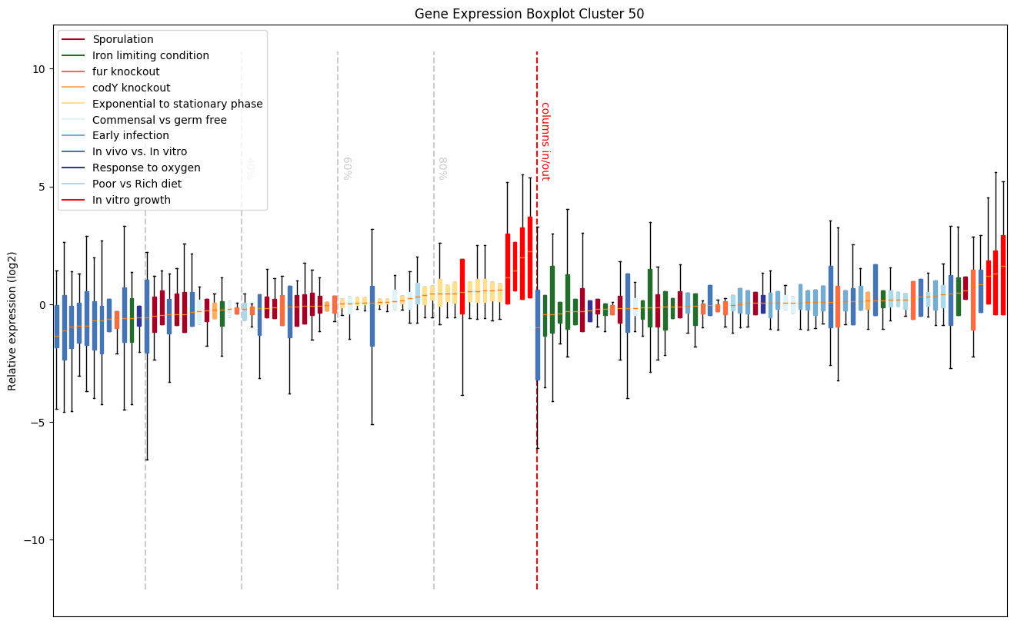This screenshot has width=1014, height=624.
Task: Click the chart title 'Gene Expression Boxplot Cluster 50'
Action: [x=529, y=14]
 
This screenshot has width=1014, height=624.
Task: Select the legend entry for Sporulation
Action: [x=123, y=39]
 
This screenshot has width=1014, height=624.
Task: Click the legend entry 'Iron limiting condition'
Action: [x=151, y=55]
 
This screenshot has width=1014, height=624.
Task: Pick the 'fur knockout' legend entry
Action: [x=126, y=71]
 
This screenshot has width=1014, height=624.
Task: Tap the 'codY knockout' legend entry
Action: [x=131, y=88]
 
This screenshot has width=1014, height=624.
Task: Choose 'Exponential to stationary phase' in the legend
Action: [x=177, y=104]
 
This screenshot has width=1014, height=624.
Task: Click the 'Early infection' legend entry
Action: [x=131, y=136]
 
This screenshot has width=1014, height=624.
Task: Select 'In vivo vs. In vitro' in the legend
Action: [x=139, y=152]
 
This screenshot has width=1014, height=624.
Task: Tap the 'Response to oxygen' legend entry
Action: [x=146, y=168]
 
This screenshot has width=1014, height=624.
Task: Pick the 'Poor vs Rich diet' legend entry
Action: [x=137, y=184]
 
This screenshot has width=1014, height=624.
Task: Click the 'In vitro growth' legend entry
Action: [x=132, y=201]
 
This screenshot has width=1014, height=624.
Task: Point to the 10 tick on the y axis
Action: [x=38, y=69]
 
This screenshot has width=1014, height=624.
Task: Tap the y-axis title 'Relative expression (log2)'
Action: [x=13, y=320]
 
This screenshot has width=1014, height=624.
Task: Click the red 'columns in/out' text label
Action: [x=545, y=141]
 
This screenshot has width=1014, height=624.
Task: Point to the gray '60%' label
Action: [x=347, y=168]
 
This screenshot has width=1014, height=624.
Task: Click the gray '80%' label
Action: [x=443, y=168]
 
